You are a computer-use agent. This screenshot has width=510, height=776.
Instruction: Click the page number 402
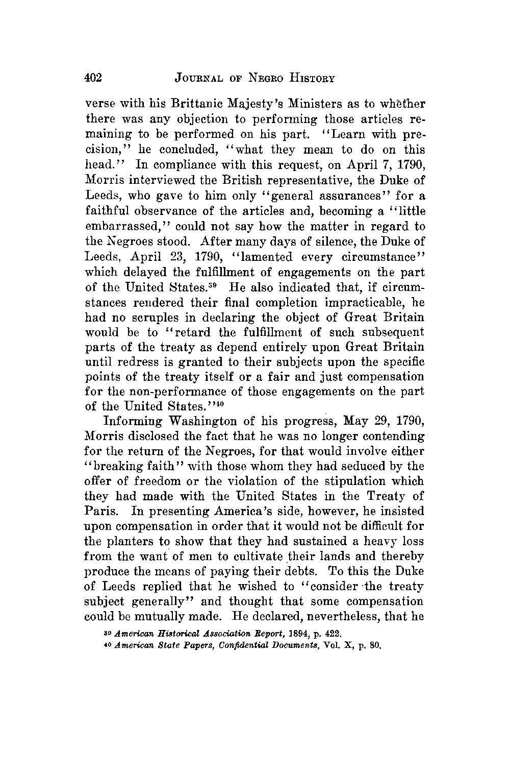(94, 78)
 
